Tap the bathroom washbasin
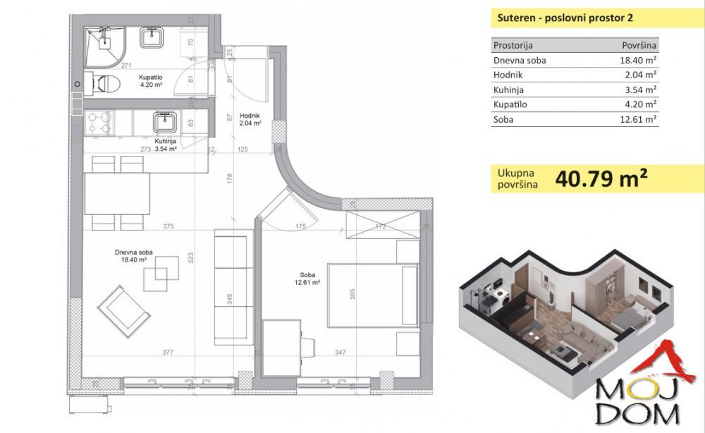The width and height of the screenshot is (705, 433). (x=152, y=38)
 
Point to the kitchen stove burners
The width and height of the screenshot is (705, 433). (x=99, y=124)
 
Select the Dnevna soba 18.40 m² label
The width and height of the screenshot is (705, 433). (x=134, y=255)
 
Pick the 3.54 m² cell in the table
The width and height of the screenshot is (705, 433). (x=640, y=90)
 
